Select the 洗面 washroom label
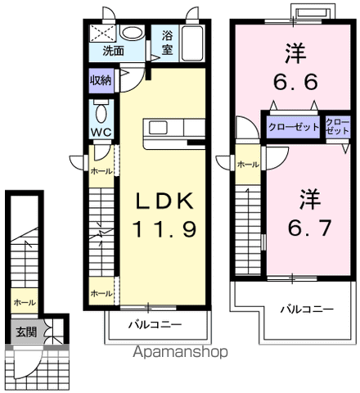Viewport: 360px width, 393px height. pyautogui.click(x=113, y=51)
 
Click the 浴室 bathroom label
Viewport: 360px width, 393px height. pyautogui.click(x=168, y=42)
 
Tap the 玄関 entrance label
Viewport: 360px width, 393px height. pyautogui.click(x=24, y=332)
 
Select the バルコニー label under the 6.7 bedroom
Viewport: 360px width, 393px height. pyautogui.click(x=304, y=309)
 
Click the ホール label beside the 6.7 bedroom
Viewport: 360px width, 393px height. pyautogui.click(x=248, y=165)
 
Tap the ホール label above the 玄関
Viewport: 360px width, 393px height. pyautogui.click(x=24, y=302)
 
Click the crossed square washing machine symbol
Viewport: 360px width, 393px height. pyautogui.click(x=105, y=33)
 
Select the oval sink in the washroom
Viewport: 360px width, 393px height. pyautogui.click(x=131, y=34)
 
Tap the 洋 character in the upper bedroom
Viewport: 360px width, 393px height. pyautogui.click(x=295, y=54)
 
